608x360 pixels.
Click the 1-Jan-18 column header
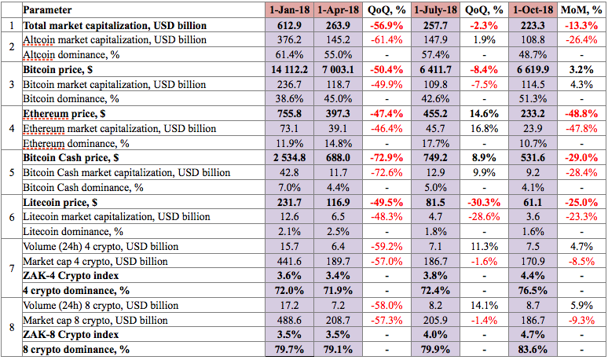pyautogui.click(x=289, y=10)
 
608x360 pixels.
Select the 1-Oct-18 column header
pyautogui.click(x=533, y=10)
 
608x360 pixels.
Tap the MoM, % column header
pyautogui.click(x=581, y=10)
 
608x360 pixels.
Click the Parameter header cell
pyautogui.click(x=47, y=10)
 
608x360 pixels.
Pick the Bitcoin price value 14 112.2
pyautogui.click(x=289, y=70)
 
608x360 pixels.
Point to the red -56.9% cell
pyautogui.click(x=386, y=26)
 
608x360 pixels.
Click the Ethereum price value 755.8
pyautogui.click(x=289, y=114)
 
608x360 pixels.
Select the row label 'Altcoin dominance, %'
pyautogui.click(x=71, y=55)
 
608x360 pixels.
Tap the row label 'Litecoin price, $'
pyautogui.click(x=60, y=203)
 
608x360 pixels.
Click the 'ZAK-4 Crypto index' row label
pyautogui.click(x=71, y=276)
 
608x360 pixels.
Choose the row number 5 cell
pyautogui.click(x=12, y=172)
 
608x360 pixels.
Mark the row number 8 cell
pyautogui.click(x=12, y=327)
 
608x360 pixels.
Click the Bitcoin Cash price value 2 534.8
pyautogui.click(x=289, y=158)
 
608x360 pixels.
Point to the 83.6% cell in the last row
pyautogui.click(x=533, y=350)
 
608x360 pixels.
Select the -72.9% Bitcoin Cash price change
pyautogui.click(x=386, y=158)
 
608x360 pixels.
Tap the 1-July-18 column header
pyautogui.click(x=435, y=10)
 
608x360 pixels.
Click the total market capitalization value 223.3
pyautogui.click(x=533, y=26)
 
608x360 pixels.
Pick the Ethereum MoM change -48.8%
pyautogui.click(x=581, y=114)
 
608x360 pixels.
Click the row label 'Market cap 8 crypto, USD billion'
pyautogui.click(x=95, y=321)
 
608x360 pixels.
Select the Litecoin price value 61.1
pyautogui.click(x=533, y=203)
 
